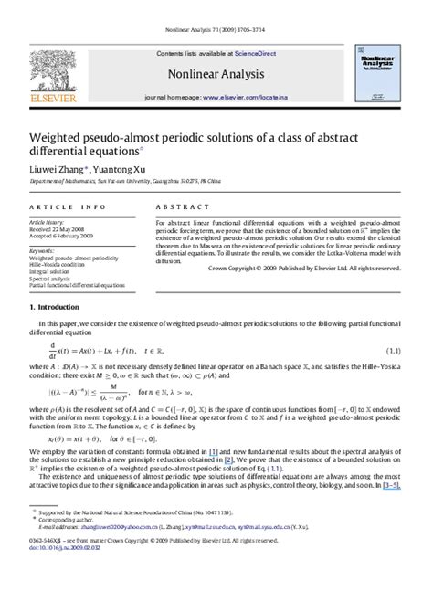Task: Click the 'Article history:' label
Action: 47,222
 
